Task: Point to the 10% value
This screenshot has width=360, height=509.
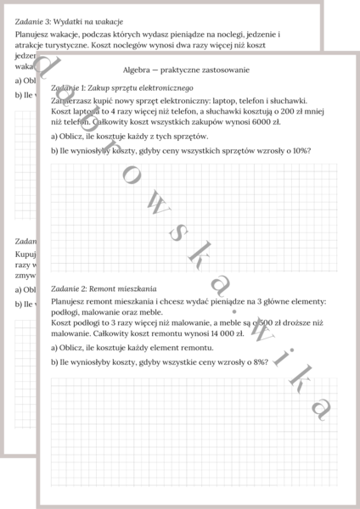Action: pos(301,150)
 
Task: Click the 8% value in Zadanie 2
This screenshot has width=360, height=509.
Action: pos(259,361)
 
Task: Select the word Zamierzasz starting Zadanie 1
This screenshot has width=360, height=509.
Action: pos(74,99)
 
